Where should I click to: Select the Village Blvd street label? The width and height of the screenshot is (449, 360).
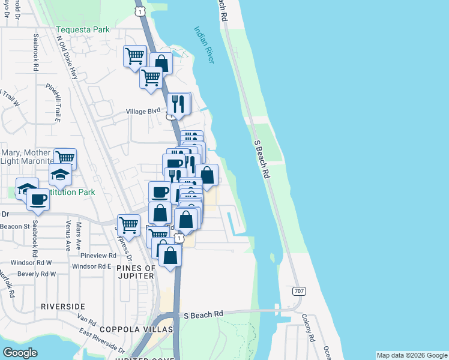tap(143, 111)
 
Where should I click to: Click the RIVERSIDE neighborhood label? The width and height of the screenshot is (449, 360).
tap(63, 307)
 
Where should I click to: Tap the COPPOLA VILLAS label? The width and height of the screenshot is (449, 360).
tap(136, 329)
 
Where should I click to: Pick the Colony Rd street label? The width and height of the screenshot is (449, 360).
tap(309, 328)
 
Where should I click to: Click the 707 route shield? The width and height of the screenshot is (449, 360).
tap(299, 290)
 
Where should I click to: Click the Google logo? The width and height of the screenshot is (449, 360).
tap(20, 352)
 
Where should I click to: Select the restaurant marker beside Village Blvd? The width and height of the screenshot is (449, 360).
tap(178, 103)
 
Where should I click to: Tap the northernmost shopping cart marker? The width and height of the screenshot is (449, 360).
tap(135, 56)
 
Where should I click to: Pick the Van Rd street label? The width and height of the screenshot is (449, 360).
tap(87, 323)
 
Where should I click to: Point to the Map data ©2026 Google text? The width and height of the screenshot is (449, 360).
tap(412, 355)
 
